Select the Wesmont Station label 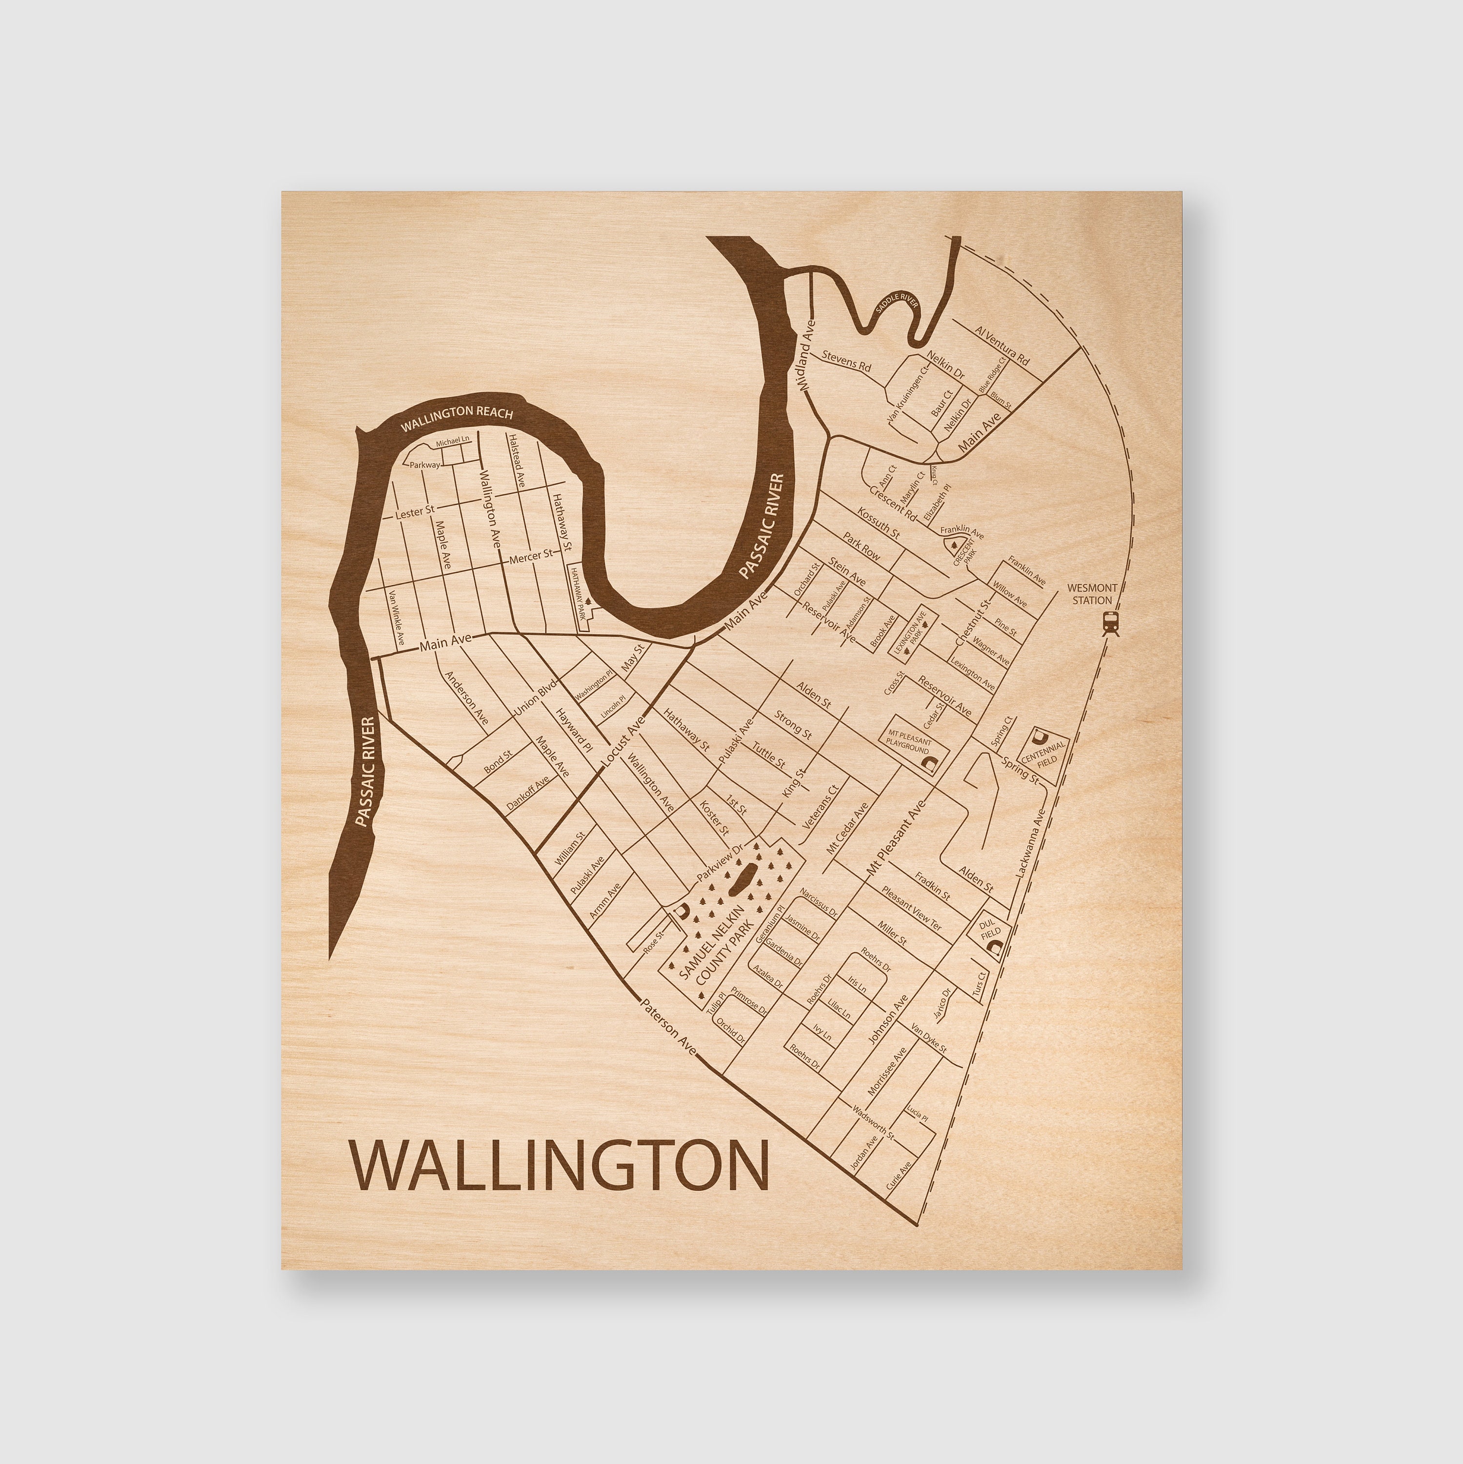tap(1090, 593)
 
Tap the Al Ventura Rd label tap(1002, 346)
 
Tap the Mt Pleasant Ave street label tap(896, 835)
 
